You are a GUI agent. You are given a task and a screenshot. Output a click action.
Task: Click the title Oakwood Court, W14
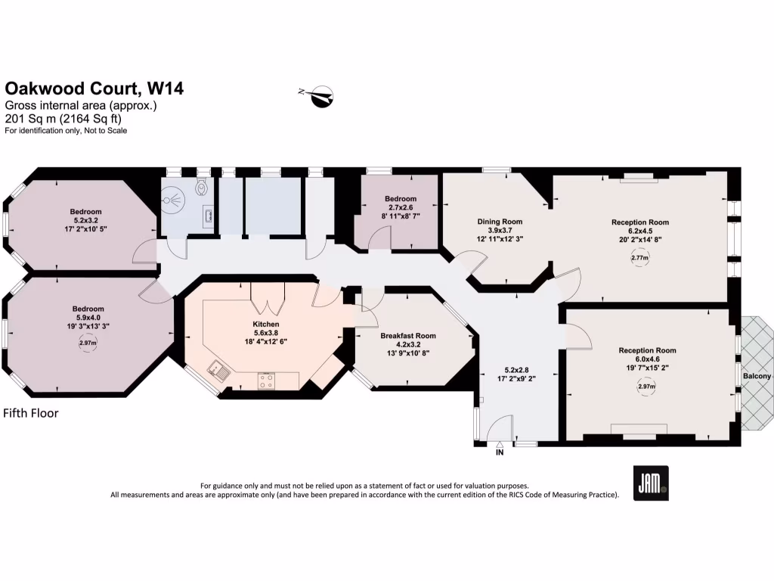94,89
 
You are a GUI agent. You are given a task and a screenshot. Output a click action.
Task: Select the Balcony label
757,376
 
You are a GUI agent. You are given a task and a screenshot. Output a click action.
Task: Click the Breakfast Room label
408,336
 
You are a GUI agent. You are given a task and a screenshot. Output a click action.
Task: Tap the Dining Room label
500,222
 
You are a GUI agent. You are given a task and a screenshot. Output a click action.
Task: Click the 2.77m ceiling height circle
639,258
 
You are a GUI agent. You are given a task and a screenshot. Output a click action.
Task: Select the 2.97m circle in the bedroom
88,343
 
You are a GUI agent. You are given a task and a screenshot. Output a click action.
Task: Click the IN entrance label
499,452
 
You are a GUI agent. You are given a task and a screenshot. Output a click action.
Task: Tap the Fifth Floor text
31,413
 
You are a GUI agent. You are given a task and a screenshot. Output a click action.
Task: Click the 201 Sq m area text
63,119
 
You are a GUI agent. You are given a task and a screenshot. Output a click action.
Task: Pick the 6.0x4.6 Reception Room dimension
647,360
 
